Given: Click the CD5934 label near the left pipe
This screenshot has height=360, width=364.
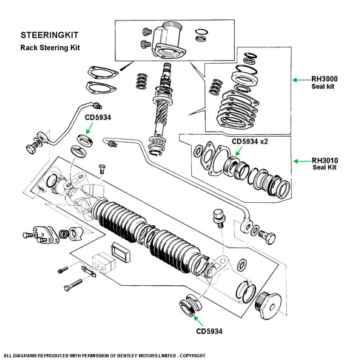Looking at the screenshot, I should tap(98, 118).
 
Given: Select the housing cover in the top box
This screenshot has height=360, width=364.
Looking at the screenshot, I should tap(167, 42).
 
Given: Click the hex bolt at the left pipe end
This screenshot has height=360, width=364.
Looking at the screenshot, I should tap(31, 147).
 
